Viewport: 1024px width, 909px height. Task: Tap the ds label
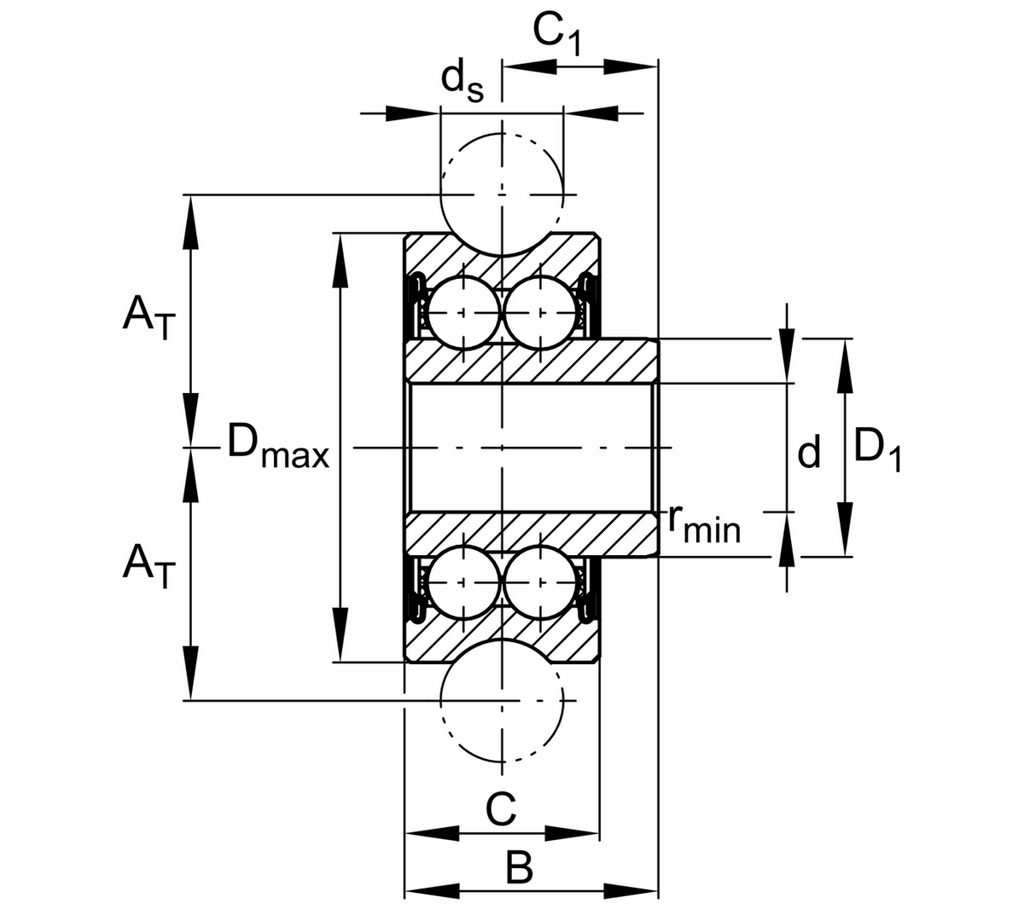462,82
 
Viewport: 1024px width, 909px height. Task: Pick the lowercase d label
809,452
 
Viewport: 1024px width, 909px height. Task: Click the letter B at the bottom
518,869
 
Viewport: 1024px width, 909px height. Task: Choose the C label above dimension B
501,808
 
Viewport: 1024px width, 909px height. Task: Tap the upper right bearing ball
540,313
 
